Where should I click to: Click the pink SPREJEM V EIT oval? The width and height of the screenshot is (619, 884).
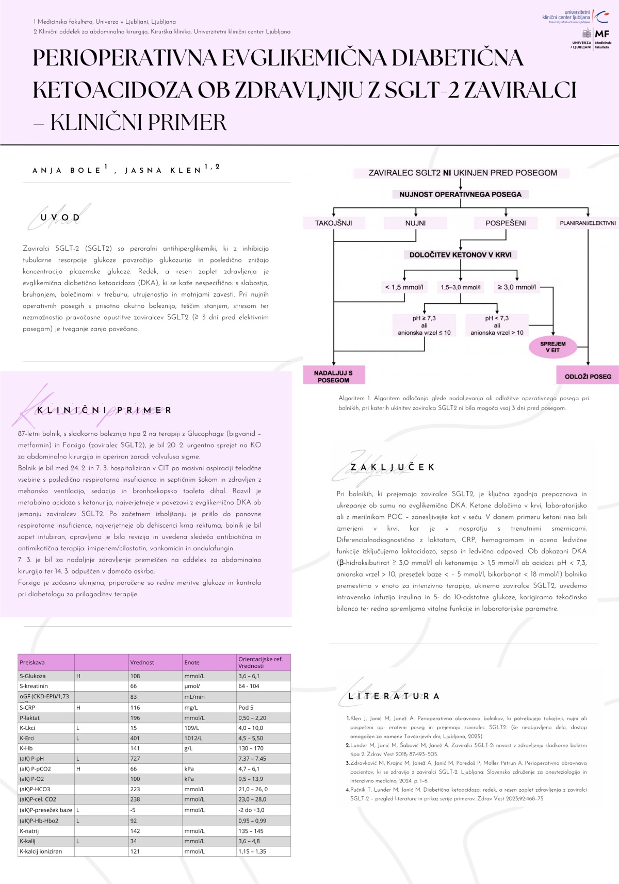552,347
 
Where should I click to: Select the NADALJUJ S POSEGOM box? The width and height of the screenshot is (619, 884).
334,376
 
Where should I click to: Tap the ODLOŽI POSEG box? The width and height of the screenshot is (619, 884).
588,376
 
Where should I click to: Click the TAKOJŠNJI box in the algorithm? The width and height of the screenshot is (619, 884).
334,223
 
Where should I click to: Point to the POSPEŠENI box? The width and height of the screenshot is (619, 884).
506,223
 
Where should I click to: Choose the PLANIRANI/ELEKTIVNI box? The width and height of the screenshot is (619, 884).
588,223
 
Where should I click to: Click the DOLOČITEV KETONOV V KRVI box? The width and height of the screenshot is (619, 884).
460,255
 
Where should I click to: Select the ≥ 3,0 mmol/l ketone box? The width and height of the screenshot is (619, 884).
516,287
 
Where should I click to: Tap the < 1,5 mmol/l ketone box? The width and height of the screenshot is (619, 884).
404,287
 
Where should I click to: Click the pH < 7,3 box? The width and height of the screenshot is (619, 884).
497,325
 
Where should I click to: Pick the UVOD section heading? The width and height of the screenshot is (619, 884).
60,218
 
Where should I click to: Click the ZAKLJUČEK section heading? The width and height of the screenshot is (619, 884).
392,467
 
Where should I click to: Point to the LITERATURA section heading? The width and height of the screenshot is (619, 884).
394,696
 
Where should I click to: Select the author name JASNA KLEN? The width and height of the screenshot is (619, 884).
163,170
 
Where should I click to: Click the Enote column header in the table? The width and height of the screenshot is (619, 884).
192,662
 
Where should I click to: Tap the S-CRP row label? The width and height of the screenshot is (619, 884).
27,708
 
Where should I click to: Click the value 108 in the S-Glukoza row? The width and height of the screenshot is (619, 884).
135,676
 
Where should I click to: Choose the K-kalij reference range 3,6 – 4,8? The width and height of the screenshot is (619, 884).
249,841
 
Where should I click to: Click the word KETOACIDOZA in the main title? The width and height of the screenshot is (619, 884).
112,90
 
